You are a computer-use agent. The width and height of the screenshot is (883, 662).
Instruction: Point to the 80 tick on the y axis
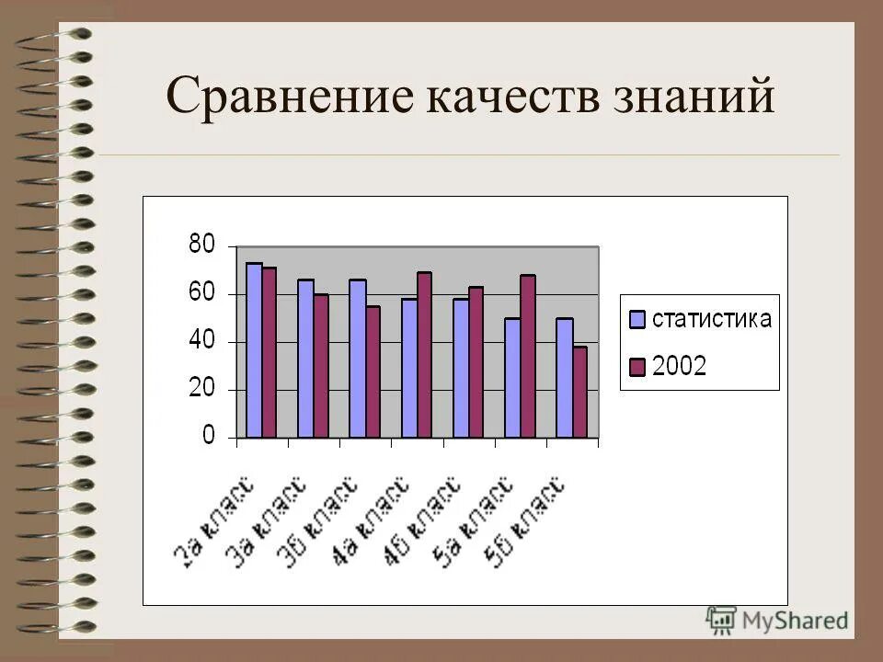[x=201, y=245]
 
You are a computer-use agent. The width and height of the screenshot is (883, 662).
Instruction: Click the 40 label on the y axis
[x=201, y=341]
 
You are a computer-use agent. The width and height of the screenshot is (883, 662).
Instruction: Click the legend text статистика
[x=711, y=320]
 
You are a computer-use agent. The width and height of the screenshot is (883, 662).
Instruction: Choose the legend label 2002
[x=680, y=367]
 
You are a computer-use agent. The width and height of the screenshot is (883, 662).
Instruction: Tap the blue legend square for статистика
[x=636, y=320]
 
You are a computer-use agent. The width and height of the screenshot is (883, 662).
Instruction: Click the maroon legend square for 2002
[x=636, y=367]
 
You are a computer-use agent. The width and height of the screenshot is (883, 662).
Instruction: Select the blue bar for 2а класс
[x=254, y=350]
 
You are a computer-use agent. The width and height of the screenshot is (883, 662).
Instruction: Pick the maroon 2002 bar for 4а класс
[x=424, y=355]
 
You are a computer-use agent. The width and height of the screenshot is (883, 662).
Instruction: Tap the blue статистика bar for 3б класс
[x=357, y=359]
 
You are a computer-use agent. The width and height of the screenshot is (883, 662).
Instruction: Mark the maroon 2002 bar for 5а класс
[x=527, y=357]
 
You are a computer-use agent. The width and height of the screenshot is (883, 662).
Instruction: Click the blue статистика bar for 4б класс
[x=461, y=368]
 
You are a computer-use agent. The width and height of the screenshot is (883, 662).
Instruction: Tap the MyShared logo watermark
[x=777, y=619]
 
